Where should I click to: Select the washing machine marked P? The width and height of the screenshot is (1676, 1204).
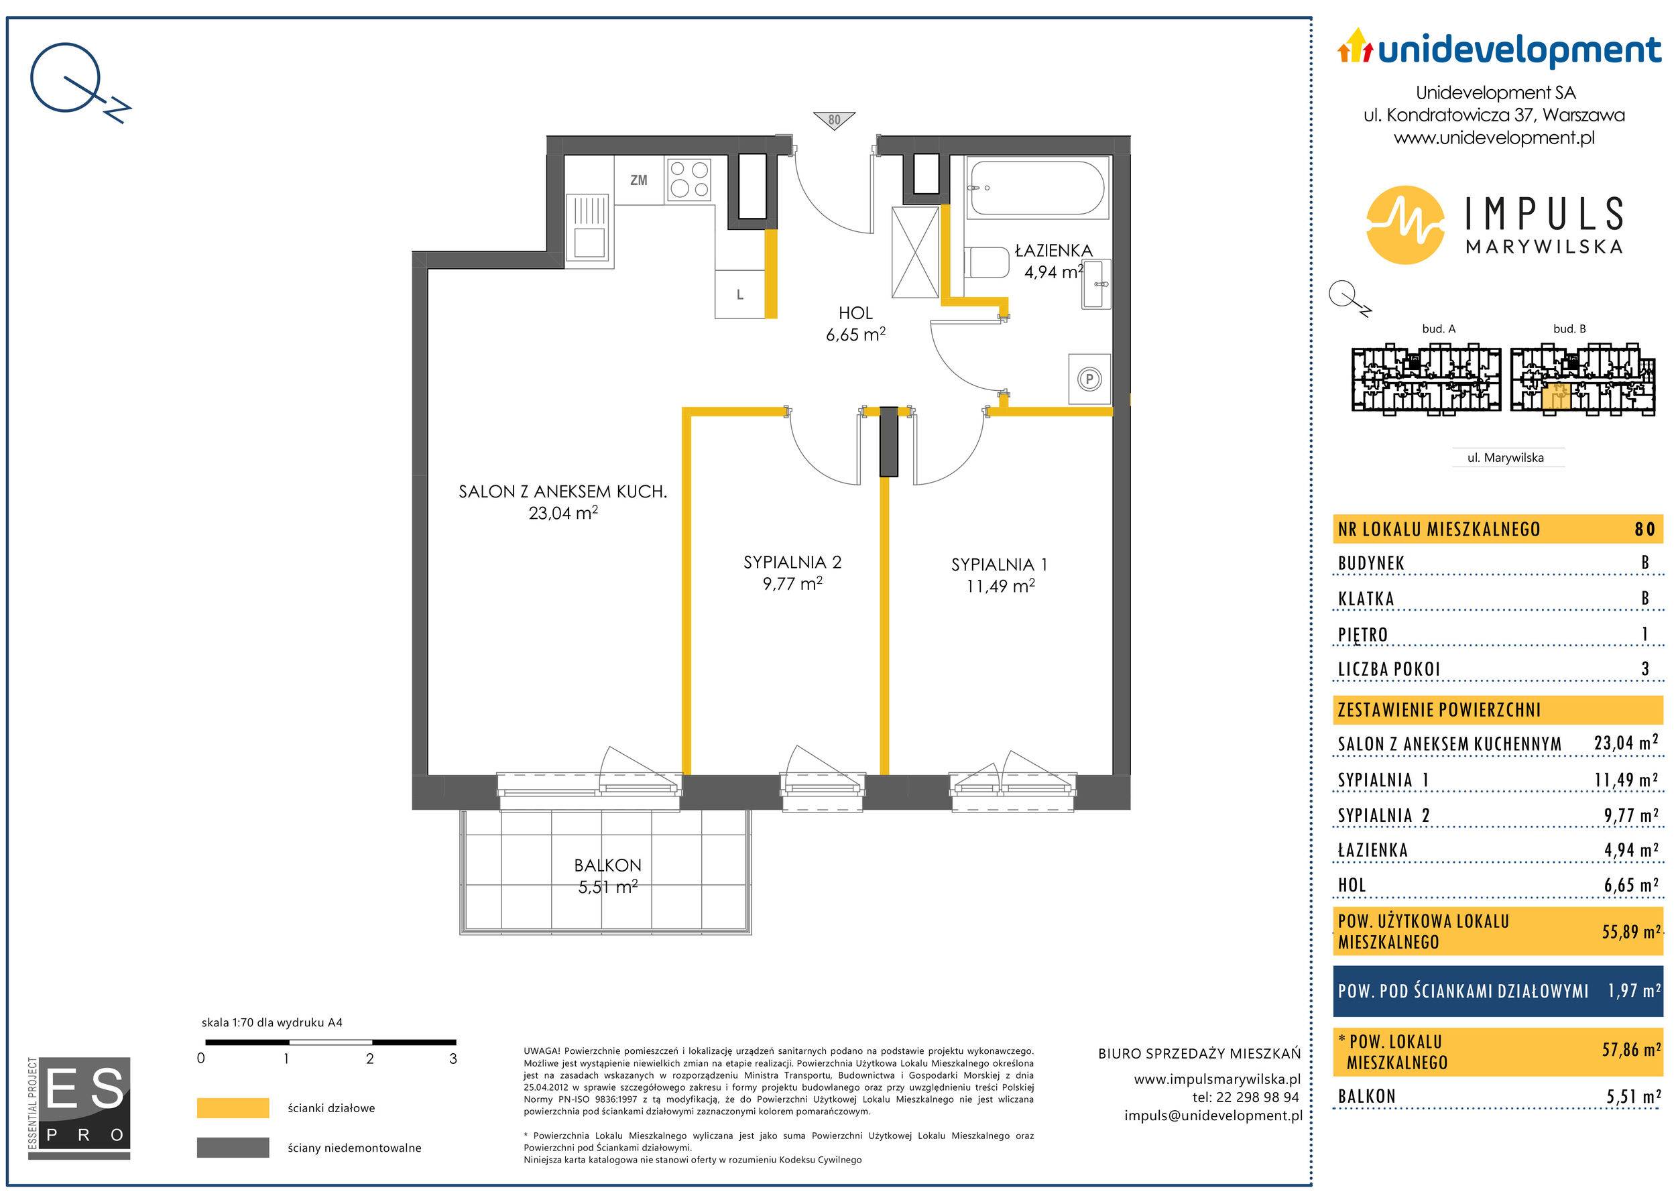click(1089, 379)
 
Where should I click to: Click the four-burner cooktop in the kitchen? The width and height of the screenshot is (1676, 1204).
click(689, 180)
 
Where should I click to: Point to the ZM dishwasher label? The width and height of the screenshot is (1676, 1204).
click(638, 180)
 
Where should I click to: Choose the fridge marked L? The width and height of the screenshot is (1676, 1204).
click(739, 295)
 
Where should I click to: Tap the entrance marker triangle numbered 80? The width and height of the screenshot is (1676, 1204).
click(834, 121)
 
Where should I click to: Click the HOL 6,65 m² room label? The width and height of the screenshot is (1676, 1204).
click(855, 324)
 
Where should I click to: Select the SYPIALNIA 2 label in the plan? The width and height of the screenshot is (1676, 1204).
click(792, 562)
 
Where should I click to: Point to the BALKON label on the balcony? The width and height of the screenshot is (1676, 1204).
click(607, 865)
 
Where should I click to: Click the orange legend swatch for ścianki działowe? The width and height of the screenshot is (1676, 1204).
click(233, 1108)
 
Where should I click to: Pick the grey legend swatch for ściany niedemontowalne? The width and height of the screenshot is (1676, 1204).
click(233, 1148)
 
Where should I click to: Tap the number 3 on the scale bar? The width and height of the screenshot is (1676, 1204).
click(453, 1059)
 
